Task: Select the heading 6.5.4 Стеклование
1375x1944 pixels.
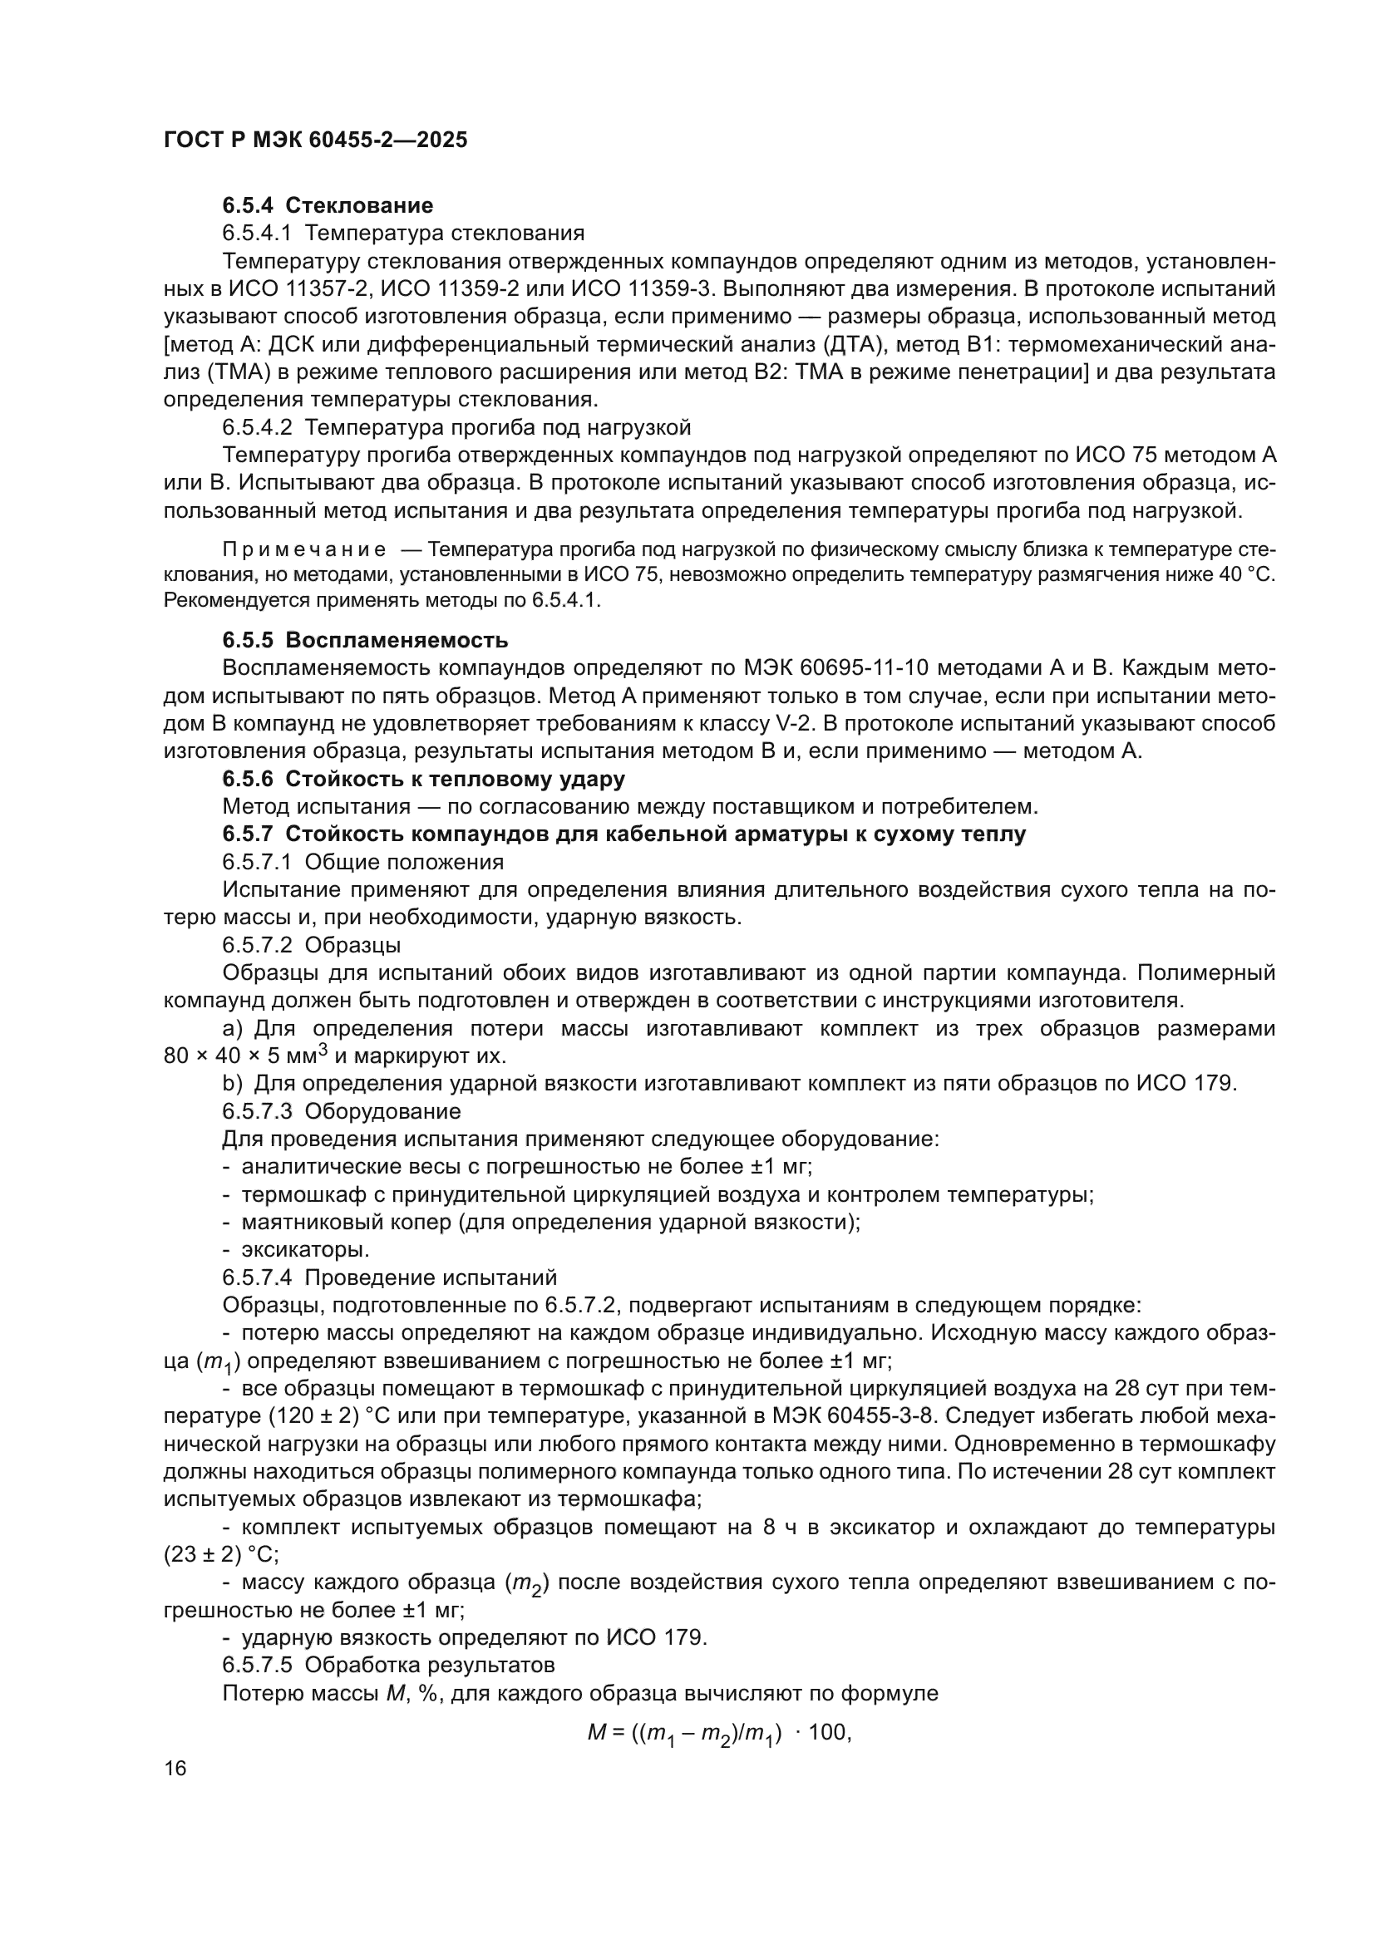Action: click(x=328, y=206)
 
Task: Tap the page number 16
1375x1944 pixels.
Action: click(x=175, y=1768)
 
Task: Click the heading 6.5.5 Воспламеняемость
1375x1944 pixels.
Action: click(x=365, y=640)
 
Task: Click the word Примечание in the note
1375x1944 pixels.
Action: click(x=304, y=550)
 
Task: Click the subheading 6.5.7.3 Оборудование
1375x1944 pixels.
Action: click(x=341, y=1111)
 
